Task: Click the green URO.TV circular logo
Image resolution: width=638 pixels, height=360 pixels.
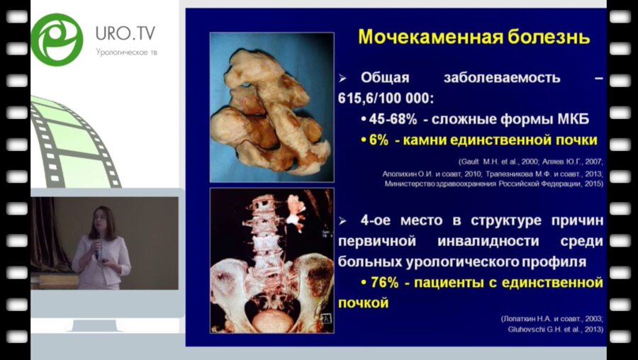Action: click(57, 40)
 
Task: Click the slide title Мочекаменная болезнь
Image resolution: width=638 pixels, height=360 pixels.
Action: click(474, 36)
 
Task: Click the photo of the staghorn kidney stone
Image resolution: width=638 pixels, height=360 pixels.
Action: click(272, 107)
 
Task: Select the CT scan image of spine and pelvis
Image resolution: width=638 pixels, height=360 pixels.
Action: click(272, 260)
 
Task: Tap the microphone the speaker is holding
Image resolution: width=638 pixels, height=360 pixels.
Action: click(98, 248)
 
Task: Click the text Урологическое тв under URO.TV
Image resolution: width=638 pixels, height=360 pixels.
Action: click(125, 52)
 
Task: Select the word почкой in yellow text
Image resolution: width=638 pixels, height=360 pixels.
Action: click(365, 303)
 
